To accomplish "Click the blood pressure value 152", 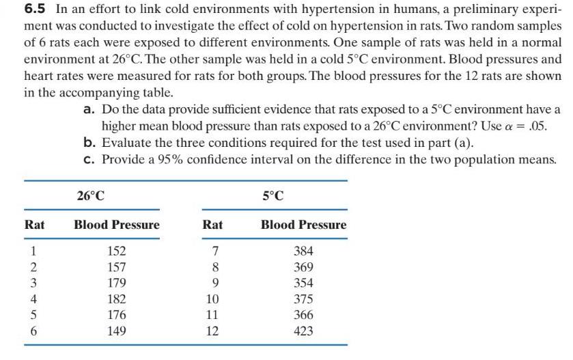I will coord(117,251).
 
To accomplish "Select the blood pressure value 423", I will coord(303,331).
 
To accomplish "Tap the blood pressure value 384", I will coord(303,251).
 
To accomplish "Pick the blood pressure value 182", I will coord(117,299).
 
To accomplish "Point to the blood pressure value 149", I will coord(117,331).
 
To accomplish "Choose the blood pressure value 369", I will coord(303,267).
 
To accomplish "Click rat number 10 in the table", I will coord(212,299).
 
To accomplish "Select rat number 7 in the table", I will coord(212,251).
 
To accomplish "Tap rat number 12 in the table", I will coord(212,331).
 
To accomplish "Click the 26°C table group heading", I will coord(91,196).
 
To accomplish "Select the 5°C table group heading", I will coord(272,196).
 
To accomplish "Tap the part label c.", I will coord(89,159).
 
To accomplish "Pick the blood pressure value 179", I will coord(117,283).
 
